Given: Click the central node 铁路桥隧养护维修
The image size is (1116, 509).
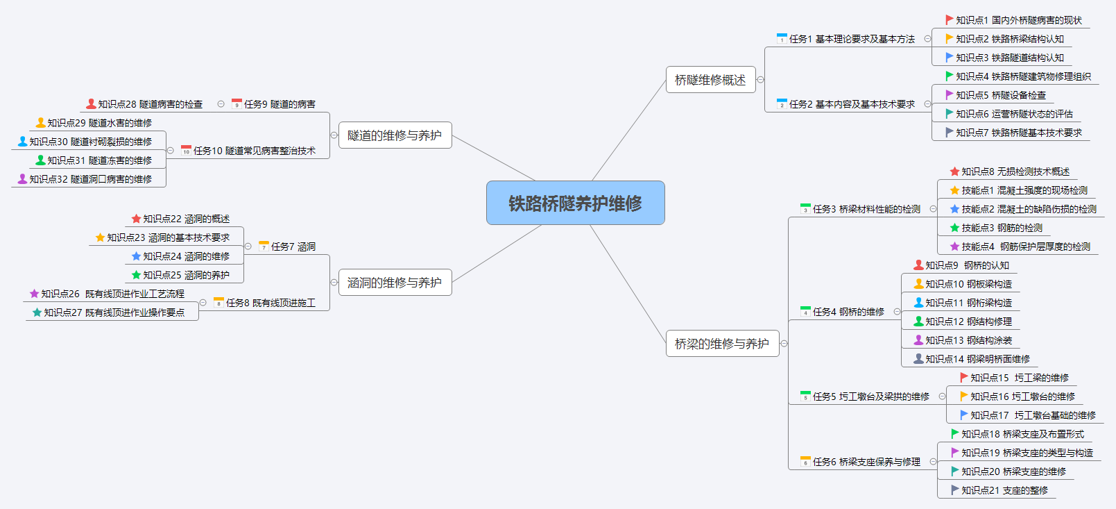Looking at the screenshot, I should (x=575, y=203).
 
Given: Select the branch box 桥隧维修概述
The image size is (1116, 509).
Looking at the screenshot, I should (x=710, y=80).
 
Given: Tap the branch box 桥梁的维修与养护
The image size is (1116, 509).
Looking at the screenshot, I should (x=721, y=343).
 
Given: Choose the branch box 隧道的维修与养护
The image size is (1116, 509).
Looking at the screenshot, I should (x=394, y=135).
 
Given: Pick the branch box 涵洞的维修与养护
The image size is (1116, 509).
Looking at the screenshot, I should (x=394, y=283).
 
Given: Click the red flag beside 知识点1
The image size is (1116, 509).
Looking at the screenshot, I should (x=950, y=20).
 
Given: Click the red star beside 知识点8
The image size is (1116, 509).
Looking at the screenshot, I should (x=954, y=172).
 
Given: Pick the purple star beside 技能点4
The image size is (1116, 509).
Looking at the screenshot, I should (x=954, y=247).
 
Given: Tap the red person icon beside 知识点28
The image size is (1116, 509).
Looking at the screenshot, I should (x=91, y=104).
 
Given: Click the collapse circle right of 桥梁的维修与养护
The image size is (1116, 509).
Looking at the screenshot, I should (x=784, y=344).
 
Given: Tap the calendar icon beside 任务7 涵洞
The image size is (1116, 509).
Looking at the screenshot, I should (x=264, y=247).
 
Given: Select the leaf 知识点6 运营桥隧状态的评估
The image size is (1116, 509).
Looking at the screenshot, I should (x=1014, y=114).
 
